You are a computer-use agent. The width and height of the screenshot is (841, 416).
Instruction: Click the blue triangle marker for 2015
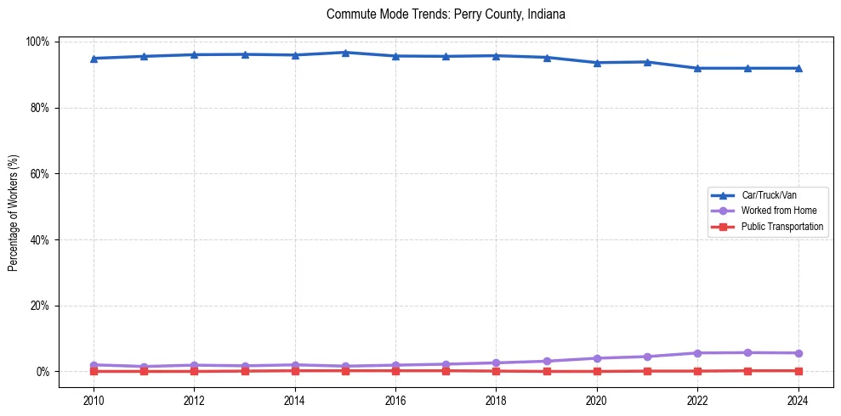[345, 53]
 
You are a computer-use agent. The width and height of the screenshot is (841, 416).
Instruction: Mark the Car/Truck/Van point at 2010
[94, 59]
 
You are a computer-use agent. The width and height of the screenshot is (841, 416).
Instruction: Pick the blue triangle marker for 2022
[697, 68]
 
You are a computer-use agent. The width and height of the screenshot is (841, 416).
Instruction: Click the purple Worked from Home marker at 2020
[597, 358]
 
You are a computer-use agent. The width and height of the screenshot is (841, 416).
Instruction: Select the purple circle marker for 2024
[798, 353]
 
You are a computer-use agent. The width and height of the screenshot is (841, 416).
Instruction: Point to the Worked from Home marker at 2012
[194, 365]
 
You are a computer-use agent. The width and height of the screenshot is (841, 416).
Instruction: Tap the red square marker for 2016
[395, 370]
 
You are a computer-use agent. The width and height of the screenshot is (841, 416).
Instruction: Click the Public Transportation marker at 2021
[647, 371]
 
